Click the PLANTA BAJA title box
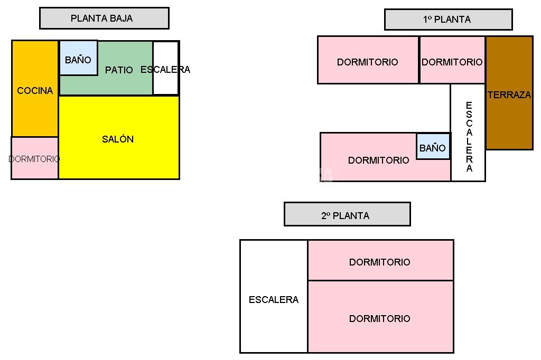(x=104, y=18)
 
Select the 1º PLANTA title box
(x=448, y=20)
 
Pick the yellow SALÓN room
(x=119, y=153)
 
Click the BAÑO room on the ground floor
(x=78, y=58)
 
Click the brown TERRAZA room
(x=509, y=116)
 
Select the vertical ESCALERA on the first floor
(x=468, y=132)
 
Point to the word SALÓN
(x=118, y=139)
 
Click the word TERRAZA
(x=509, y=96)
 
